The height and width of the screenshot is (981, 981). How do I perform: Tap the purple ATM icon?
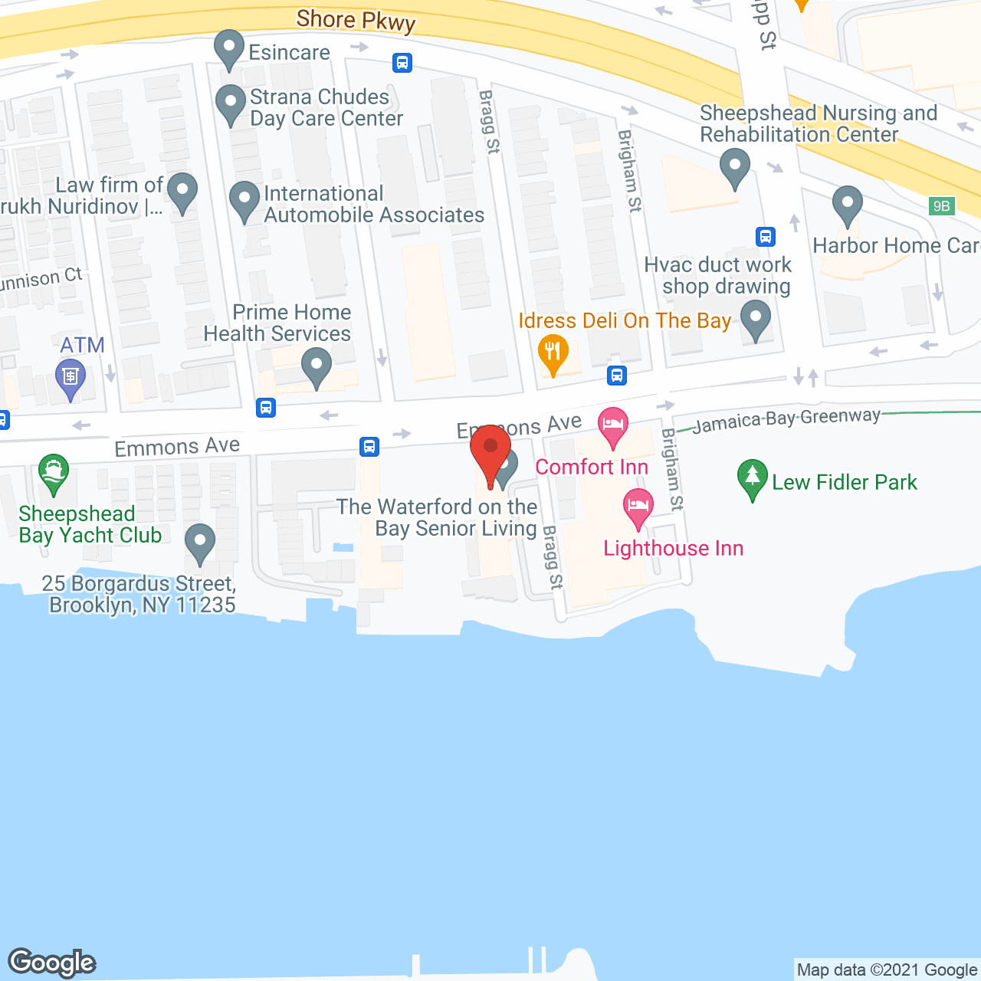click(71, 377)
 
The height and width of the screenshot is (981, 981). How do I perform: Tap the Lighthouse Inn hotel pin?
click(638, 507)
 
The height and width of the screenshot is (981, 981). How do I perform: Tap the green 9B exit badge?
click(941, 206)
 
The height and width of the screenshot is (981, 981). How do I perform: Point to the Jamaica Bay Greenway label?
click(786, 420)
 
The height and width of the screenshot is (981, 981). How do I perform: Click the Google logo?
click(52, 963)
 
